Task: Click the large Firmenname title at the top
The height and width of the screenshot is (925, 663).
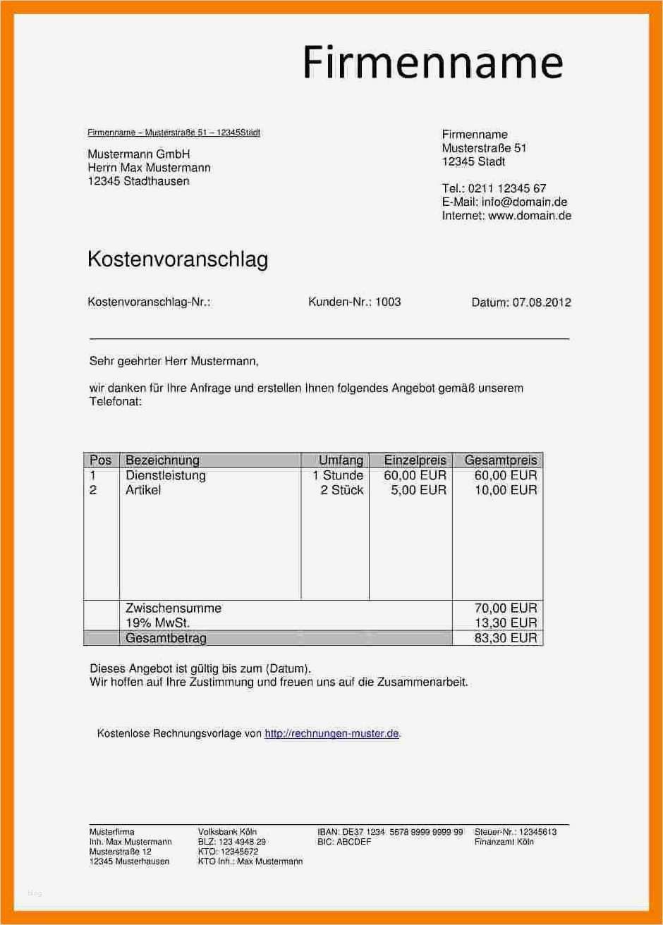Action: (x=433, y=62)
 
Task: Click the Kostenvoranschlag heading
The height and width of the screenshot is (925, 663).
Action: (x=177, y=259)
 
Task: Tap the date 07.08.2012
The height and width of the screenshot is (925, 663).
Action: (x=542, y=302)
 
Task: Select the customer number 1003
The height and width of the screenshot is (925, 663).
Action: (x=388, y=302)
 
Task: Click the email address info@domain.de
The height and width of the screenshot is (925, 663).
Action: (x=524, y=202)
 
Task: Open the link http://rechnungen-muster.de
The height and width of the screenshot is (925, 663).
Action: (x=331, y=734)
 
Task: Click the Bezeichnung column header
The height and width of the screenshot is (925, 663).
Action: (x=162, y=460)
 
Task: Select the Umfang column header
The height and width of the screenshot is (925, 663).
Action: (x=341, y=460)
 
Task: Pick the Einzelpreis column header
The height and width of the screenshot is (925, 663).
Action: (x=415, y=460)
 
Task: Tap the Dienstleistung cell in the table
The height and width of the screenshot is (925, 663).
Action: (x=165, y=475)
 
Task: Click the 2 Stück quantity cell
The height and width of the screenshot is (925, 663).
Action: (x=341, y=490)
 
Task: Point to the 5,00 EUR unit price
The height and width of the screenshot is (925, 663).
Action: (x=418, y=490)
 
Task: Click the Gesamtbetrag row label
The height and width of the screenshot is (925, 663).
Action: (x=166, y=638)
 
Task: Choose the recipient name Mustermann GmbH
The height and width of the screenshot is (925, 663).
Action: (x=138, y=154)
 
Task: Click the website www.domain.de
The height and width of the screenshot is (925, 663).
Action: (x=529, y=216)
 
